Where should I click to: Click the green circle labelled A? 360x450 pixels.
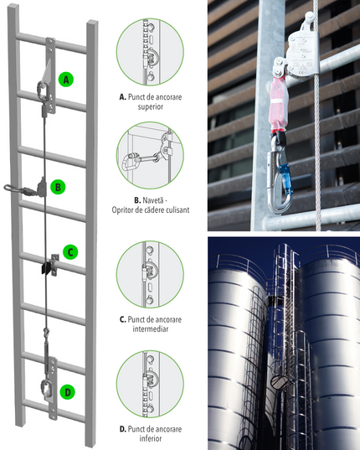[66, 80]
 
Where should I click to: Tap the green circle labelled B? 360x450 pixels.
[58, 187]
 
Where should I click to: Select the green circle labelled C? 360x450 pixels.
[70, 252]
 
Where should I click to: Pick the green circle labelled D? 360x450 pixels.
[68, 392]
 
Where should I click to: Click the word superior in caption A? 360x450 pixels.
[151, 106]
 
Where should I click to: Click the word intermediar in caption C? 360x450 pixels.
[150, 328]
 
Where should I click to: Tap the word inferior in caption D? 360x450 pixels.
[151, 438]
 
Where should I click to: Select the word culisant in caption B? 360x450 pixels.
[178, 209]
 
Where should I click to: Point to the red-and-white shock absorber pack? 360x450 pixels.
[279, 103]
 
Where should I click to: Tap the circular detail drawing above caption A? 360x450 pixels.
[150, 52]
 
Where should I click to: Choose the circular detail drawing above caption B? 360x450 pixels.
[150, 155]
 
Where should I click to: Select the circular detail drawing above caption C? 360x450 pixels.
[150, 274]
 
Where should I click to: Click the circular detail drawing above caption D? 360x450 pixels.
[150, 385]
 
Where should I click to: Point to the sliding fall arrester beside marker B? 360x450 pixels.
[42, 188]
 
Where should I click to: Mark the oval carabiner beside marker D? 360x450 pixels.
[46, 388]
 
